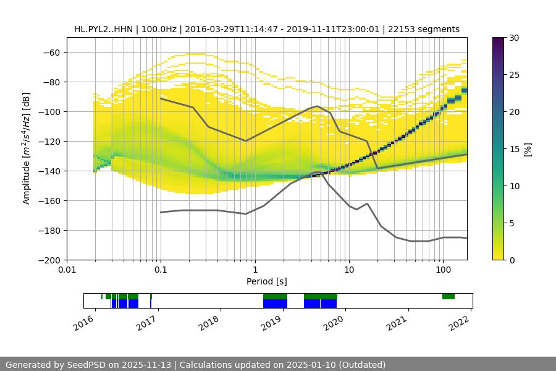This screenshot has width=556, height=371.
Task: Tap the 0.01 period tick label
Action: point(67,270)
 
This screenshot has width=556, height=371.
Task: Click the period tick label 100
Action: point(442,270)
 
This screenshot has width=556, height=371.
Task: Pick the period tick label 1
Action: point(255,270)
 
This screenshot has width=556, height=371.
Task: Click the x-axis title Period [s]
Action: point(266,281)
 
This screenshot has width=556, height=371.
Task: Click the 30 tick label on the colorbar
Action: point(513,38)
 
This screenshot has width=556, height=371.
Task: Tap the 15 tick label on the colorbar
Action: point(513,148)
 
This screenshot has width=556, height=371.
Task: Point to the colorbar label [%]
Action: point(528,148)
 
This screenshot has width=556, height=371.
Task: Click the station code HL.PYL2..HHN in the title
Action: point(103,29)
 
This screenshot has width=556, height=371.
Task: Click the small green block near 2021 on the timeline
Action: point(449,297)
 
